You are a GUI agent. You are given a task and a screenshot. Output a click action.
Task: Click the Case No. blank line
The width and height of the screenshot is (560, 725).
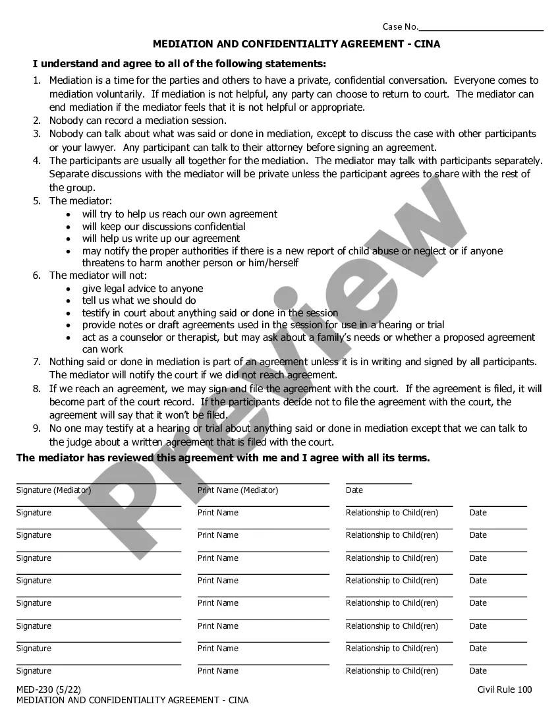tap(481, 30)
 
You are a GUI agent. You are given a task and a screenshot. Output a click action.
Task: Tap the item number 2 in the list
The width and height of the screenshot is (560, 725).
tap(37, 121)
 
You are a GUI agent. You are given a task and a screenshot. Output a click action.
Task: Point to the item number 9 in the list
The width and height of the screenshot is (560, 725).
tap(37, 428)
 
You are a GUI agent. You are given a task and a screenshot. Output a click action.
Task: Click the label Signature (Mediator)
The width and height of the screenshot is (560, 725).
tap(53, 490)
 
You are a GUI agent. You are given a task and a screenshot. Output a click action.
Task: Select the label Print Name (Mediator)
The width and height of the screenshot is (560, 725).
tap(238, 490)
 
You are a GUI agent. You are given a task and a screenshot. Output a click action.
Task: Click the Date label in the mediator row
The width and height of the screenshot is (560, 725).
tap(354, 490)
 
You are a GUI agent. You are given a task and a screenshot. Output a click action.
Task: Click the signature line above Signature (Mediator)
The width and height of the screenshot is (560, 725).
tap(99, 483)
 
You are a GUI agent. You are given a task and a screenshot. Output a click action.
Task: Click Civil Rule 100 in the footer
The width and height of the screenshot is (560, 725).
tap(505, 690)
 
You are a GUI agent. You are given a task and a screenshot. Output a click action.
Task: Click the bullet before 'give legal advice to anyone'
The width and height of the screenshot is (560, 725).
tap(70, 289)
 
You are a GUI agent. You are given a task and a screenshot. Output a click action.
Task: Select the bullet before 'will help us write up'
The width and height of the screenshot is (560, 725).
tap(70, 239)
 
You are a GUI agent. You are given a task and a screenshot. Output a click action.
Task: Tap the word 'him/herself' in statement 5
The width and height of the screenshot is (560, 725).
tap(272, 263)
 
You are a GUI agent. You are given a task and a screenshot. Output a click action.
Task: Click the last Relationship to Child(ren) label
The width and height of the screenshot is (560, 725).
tap(392, 671)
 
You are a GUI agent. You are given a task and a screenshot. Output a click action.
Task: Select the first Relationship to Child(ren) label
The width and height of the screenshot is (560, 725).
tap(392, 513)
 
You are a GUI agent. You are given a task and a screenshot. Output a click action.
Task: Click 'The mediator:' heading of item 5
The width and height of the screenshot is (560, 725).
tap(80, 201)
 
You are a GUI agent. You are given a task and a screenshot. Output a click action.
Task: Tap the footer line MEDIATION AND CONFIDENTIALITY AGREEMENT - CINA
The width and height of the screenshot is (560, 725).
tap(132, 701)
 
